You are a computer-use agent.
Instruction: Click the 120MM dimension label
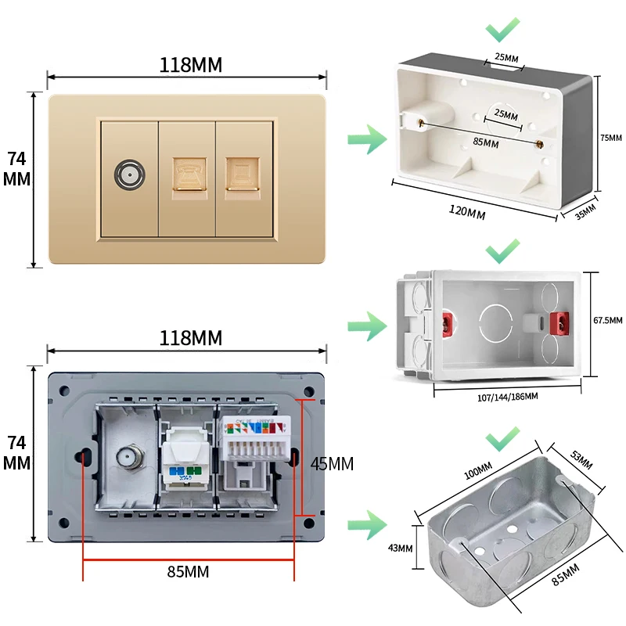466,209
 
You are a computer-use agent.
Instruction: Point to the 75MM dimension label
611,137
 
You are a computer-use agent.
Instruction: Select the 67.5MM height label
608,320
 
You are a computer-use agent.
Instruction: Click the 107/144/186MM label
507,397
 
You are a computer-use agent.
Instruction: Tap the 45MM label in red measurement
332,463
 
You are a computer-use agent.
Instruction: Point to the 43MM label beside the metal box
399,547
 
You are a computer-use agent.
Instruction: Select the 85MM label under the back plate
189,571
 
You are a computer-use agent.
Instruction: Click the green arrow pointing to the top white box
367,141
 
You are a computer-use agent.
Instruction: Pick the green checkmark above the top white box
502,31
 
